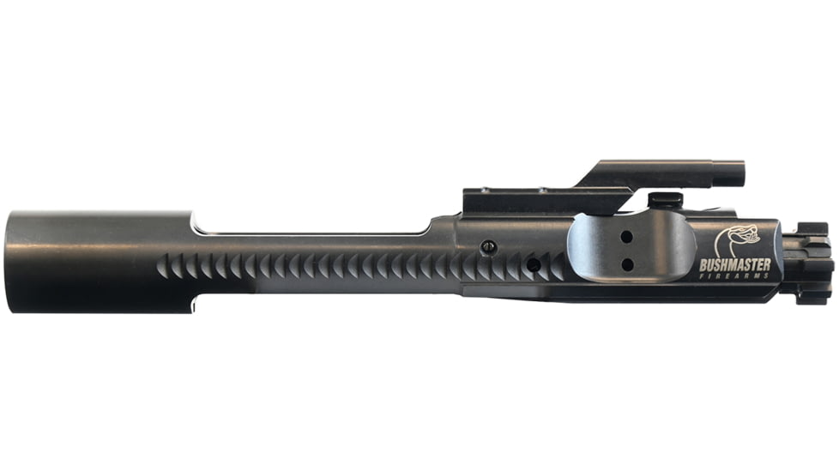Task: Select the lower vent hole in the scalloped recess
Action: click(627, 263)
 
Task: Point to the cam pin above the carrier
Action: click(665, 199)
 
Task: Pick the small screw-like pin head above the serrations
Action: click(489, 246)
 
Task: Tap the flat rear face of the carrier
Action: click(10, 257)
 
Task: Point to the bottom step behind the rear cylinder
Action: click(196, 302)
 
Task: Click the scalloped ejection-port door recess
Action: click(631, 249)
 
